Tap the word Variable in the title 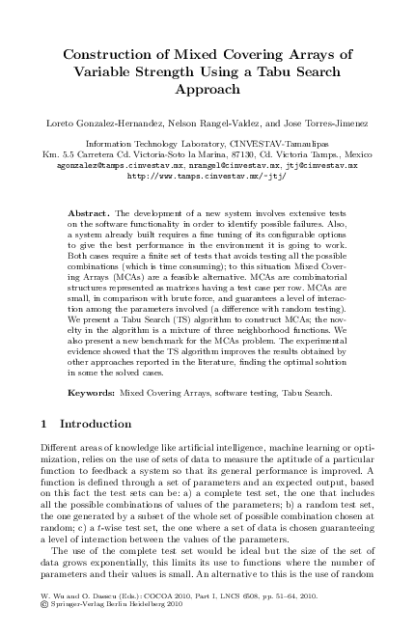115,69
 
